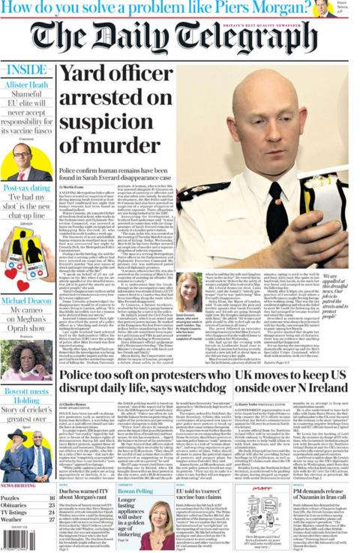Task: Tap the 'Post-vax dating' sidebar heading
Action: coord(26,188)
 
